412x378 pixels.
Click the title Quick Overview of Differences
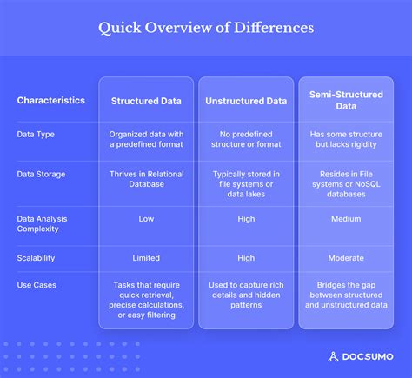pos(206,29)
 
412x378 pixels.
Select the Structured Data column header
pos(146,101)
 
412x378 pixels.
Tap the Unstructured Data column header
pos(246,101)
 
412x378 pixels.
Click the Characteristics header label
pos(51,101)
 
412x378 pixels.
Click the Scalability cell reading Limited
pos(146,258)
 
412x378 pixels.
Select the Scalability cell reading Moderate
pos(346,258)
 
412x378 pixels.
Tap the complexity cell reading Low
pos(146,219)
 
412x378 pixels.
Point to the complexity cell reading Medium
pos(346,219)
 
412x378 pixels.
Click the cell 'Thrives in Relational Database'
pos(146,180)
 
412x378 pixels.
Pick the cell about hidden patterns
pos(246,295)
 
